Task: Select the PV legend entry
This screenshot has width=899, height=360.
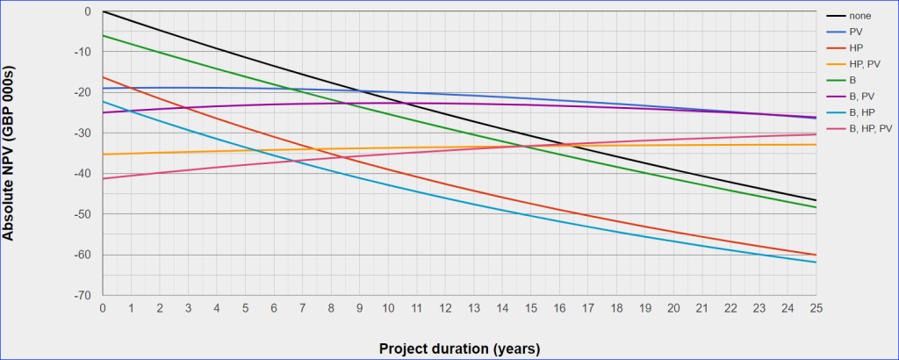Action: pyautogui.click(x=856, y=31)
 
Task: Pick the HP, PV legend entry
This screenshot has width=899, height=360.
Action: pyautogui.click(x=864, y=63)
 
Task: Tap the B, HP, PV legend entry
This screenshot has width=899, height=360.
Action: pyautogui.click(x=869, y=128)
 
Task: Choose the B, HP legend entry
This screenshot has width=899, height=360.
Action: pyautogui.click(x=860, y=112)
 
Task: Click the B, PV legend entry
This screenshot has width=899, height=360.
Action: pyautogui.click(x=860, y=96)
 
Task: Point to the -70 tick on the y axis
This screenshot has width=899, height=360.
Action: pyautogui.click(x=86, y=296)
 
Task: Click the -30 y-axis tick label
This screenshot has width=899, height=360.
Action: pyautogui.click(x=86, y=133)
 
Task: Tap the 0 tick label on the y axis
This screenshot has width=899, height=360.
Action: pyautogui.click(x=90, y=11)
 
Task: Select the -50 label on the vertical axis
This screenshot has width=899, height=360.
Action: pyautogui.click(x=86, y=214)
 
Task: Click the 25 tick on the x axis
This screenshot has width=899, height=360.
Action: pyautogui.click(x=816, y=309)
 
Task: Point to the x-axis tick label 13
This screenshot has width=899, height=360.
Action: pyautogui.click(x=473, y=309)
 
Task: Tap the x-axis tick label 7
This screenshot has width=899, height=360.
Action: pyautogui.click(x=303, y=309)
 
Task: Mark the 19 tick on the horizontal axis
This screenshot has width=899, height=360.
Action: pyautogui.click(x=644, y=309)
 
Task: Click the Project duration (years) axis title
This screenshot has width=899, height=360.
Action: pyautogui.click(x=459, y=348)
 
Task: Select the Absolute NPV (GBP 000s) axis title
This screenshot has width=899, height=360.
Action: pyautogui.click(x=11, y=154)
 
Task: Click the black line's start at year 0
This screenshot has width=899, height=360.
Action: pyautogui.click(x=104, y=11)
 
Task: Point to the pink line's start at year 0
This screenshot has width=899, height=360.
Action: pyautogui.click(x=104, y=178)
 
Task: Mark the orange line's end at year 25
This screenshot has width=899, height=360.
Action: pyautogui.click(x=816, y=144)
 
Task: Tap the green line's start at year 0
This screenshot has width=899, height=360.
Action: pyautogui.click(x=104, y=35)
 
